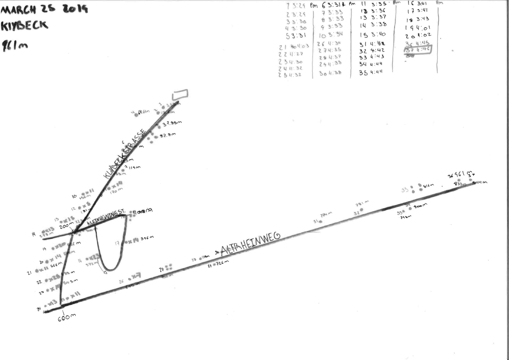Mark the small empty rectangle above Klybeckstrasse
(180, 94)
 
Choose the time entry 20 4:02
(418, 36)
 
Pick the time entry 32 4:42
(372, 51)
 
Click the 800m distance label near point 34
(420, 206)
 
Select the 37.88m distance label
(172, 124)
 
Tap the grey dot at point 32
(361, 209)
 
